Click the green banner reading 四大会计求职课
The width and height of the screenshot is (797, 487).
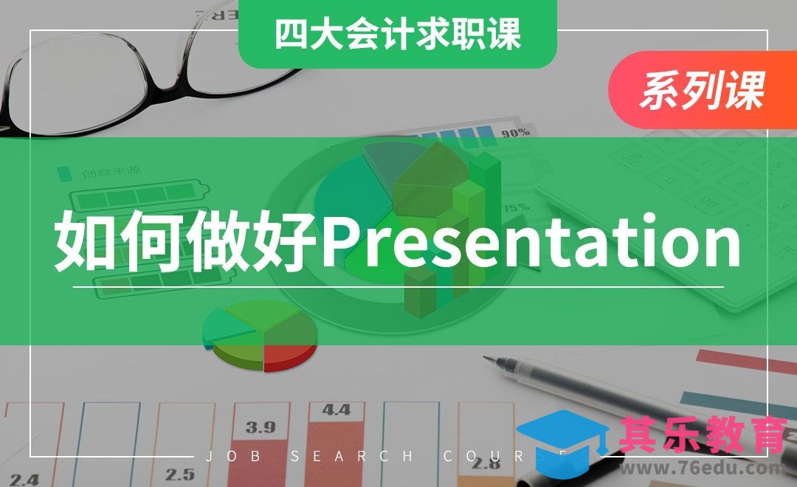(x=397, y=34)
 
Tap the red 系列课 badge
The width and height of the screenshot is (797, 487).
(x=701, y=91)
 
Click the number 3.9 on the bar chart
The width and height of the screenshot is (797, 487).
(x=261, y=426)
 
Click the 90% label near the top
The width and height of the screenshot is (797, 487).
(x=515, y=134)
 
